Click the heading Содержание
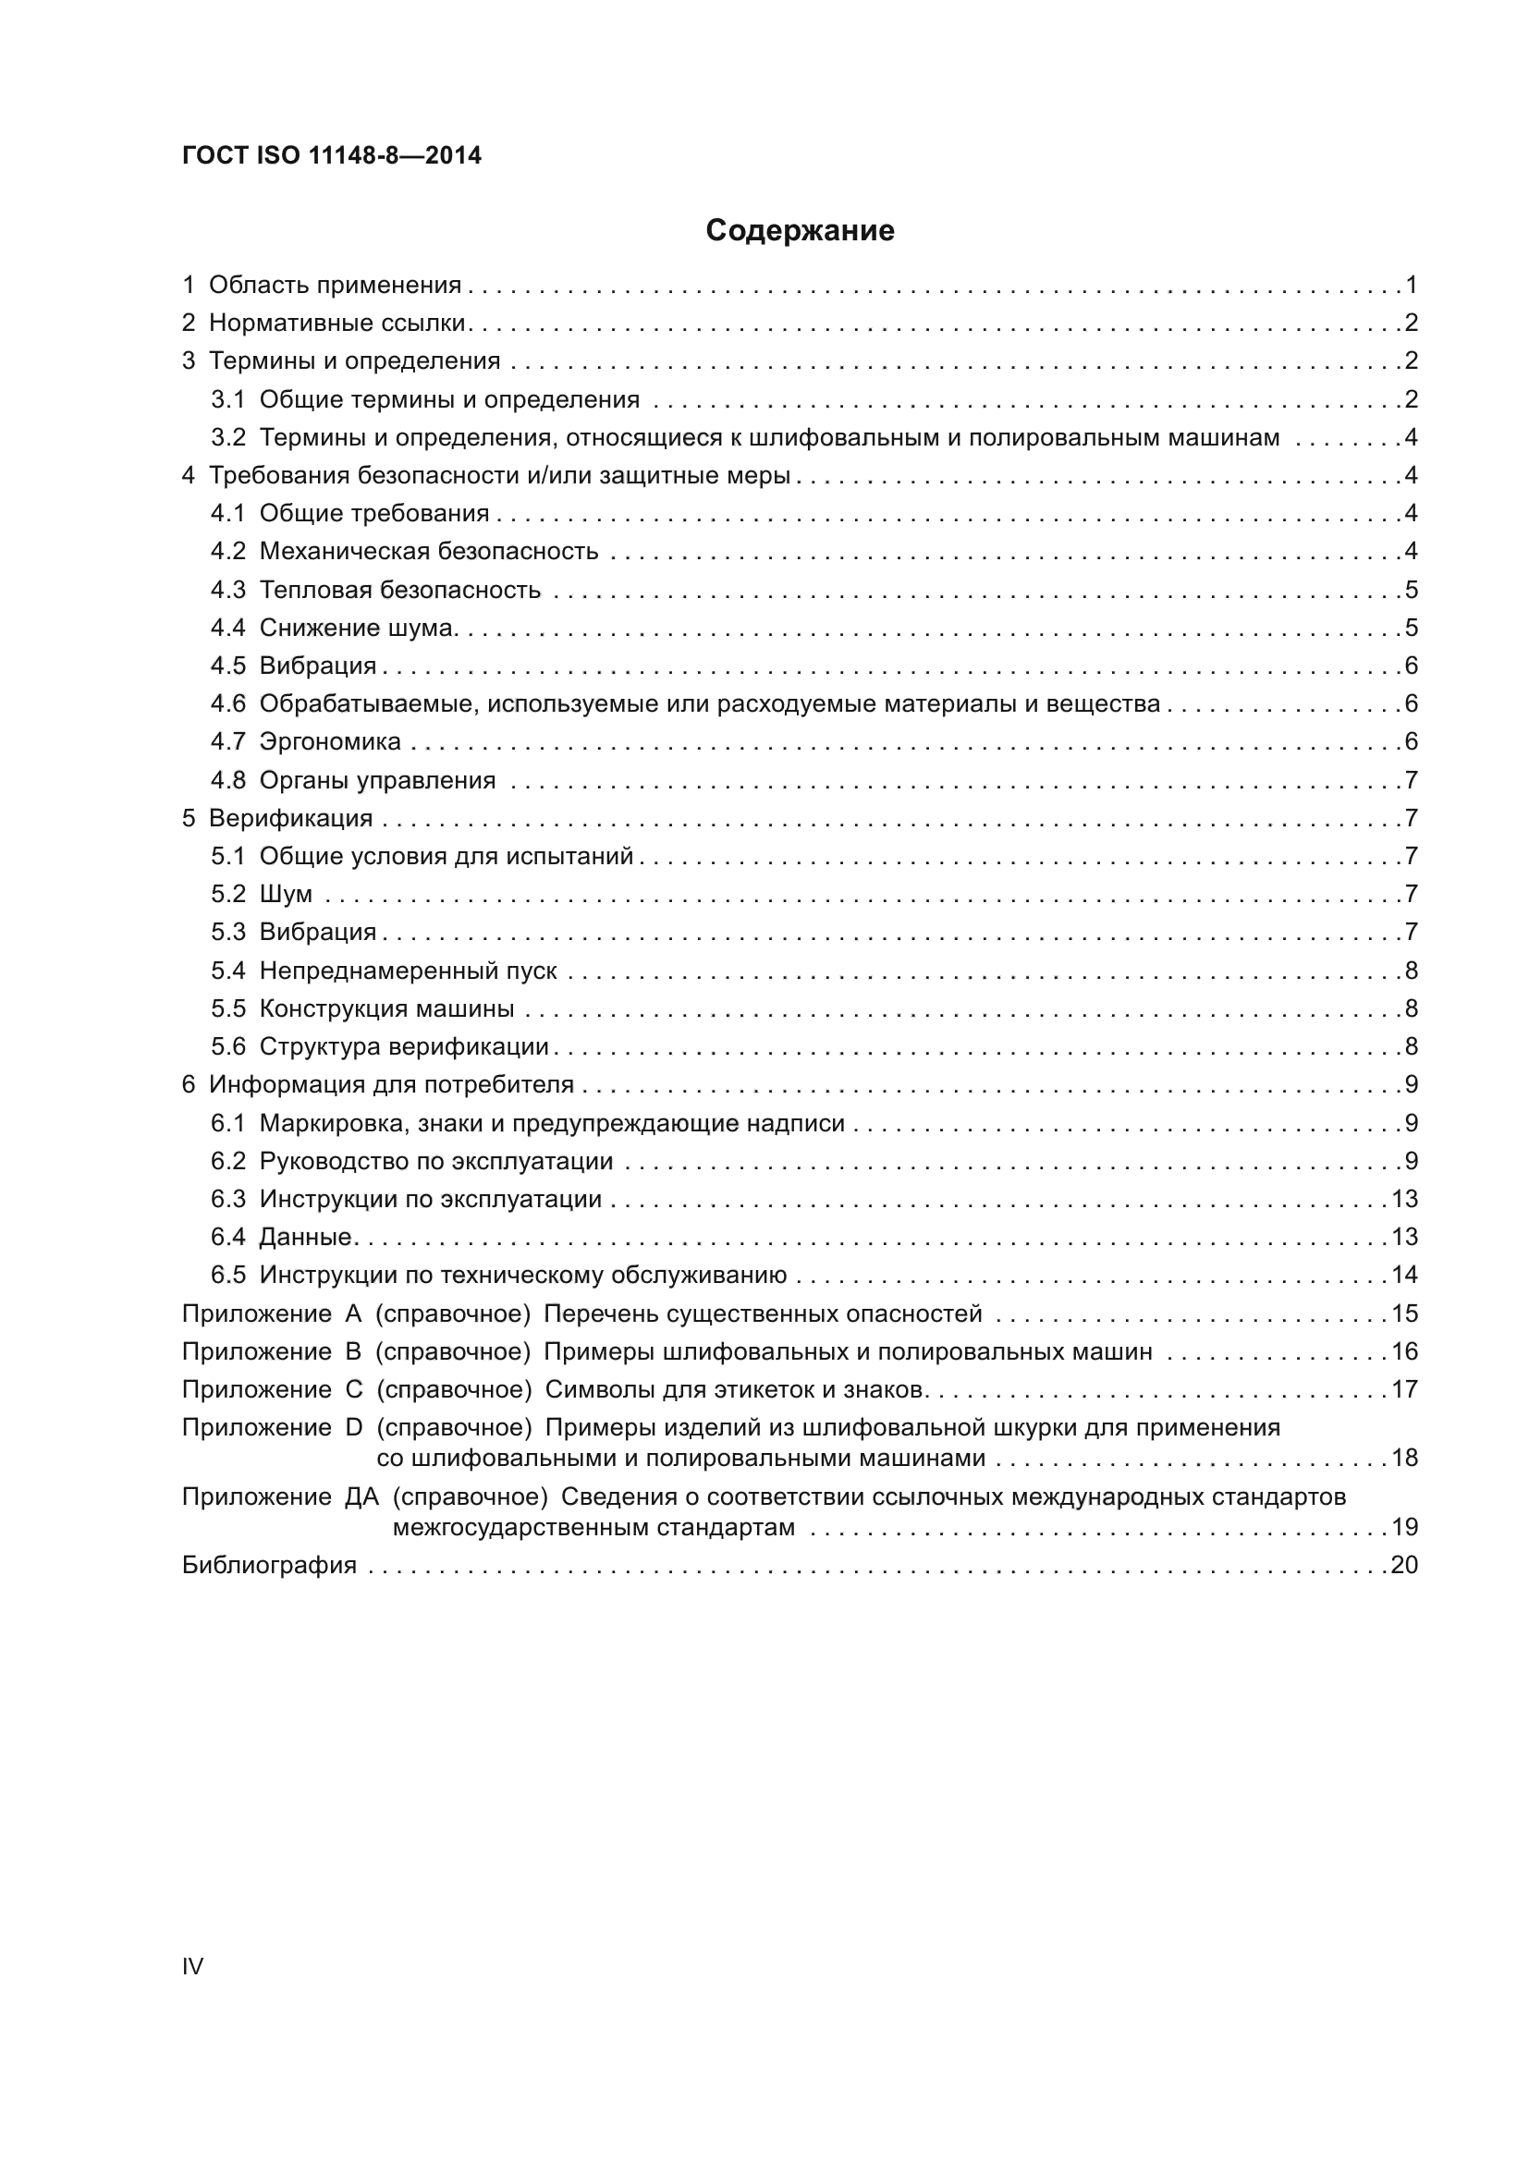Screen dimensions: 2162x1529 coord(800,231)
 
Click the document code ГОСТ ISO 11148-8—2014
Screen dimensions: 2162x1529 coord(332,155)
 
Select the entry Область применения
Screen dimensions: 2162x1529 coord(335,286)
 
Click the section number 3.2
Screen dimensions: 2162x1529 coord(227,438)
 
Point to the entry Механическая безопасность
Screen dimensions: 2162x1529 coord(428,552)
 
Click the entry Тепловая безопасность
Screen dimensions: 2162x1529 coord(400,591)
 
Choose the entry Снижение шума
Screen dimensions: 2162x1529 coord(358,628)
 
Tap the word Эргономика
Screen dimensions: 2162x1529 coord(329,742)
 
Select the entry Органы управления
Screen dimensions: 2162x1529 coord(376,781)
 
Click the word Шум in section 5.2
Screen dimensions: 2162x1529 coord(286,895)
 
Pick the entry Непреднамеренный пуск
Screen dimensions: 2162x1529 coord(408,971)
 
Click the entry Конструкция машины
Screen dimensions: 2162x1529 coord(386,1009)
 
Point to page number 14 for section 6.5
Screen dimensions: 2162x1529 coord(1404,1276)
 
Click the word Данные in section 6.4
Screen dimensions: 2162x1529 coord(305,1238)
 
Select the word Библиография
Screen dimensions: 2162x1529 coord(269,1566)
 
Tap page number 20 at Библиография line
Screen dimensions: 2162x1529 coord(1404,1566)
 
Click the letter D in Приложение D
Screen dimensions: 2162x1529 coord(354,1428)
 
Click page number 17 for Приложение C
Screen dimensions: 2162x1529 coord(1404,1390)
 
